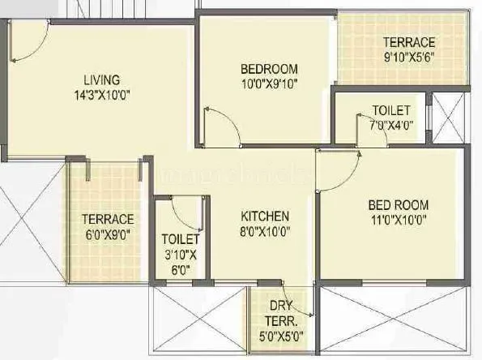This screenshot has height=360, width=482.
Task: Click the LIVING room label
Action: [x=101, y=79]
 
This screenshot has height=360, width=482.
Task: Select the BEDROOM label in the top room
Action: [x=269, y=68]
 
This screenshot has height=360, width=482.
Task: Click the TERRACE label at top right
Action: [x=409, y=42]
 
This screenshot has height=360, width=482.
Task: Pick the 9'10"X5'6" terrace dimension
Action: [x=409, y=57]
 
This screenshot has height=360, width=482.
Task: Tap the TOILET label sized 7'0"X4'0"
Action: [x=390, y=110]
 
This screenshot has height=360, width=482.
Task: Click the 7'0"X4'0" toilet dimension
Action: [x=390, y=125]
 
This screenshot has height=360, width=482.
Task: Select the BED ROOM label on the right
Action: [x=399, y=204]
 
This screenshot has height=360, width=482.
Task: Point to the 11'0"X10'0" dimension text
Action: [x=399, y=218]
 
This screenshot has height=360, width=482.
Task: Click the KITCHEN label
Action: [x=265, y=216]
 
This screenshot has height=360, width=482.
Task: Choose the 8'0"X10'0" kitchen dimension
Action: [x=265, y=230]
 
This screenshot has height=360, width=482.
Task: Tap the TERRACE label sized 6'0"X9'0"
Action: [x=107, y=219]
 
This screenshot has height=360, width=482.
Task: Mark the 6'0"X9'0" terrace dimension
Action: [x=107, y=234]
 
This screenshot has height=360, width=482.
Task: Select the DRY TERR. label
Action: [x=281, y=312]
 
